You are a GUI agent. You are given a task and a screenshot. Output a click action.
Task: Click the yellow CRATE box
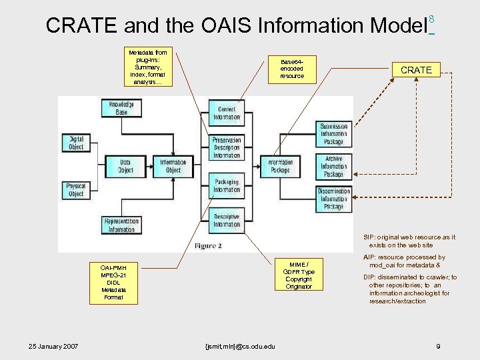click(x=416, y=70)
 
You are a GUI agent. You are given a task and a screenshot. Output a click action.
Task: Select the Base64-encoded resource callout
click(x=292, y=69)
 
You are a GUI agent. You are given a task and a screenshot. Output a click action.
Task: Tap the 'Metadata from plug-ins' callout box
click(x=148, y=67)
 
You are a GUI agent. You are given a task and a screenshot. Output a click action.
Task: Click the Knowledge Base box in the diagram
click(x=121, y=108)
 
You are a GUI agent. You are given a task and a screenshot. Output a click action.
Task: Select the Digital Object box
click(x=76, y=143)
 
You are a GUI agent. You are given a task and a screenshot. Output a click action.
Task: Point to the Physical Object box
click(x=76, y=190)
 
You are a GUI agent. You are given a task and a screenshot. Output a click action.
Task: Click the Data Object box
click(x=125, y=166)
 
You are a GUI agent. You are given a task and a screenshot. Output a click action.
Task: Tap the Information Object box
click(x=173, y=166)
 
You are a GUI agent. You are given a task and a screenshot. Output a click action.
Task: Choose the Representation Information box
click(x=121, y=225)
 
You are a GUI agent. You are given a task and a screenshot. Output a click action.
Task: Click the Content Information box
click(x=227, y=113)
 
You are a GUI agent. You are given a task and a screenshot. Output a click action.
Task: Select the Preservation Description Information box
click(x=227, y=148)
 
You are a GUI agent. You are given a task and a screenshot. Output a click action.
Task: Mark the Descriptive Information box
click(x=227, y=221)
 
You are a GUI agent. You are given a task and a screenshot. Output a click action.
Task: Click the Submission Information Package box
click(x=333, y=134)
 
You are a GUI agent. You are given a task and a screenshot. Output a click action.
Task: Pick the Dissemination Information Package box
click(x=333, y=199)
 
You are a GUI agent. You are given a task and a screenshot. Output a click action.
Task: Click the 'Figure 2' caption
click(x=208, y=246)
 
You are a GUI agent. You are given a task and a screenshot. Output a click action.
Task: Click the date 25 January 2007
click(x=53, y=346)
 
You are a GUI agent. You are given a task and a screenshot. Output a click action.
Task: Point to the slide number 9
click(x=437, y=346)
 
